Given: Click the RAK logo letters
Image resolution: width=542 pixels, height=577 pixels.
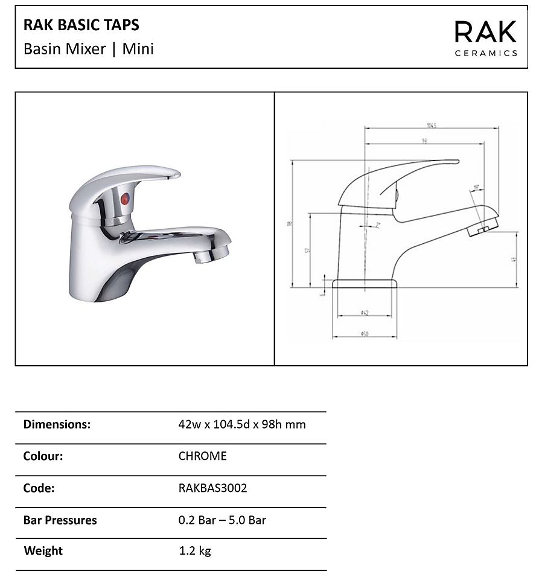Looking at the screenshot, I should [x=485, y=32].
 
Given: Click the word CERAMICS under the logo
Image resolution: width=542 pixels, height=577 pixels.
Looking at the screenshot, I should [x=485, y=53].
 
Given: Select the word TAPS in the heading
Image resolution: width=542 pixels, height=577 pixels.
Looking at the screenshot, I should [x=123, y=25].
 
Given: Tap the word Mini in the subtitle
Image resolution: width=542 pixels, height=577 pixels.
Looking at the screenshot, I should [x=138, y=49].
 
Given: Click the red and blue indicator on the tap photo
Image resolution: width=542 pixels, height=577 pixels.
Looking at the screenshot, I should [x=124, y=199].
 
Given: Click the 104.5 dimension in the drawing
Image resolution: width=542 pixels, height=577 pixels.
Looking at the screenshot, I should [x=431, y=126].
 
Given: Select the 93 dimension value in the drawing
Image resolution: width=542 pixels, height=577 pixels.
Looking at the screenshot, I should [x=425, y=141].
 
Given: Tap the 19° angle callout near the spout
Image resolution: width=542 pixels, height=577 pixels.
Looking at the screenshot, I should [x=476, y=188].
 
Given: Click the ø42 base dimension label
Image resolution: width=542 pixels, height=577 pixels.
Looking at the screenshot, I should [x=365, y=312].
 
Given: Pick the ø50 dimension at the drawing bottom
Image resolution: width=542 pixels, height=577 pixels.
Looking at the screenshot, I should [x=365, y=334].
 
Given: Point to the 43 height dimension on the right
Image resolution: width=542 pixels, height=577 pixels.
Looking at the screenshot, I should [x=514, y=260].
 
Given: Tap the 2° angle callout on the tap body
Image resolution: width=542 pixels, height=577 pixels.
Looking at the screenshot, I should [x=378, y=225].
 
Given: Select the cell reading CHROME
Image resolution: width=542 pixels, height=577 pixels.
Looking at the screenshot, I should [x=202, y=456].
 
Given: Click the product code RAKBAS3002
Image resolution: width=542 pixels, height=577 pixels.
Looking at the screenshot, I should [x=212, y=488].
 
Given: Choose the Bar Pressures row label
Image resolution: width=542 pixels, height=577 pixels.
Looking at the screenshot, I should [x=60, y=520].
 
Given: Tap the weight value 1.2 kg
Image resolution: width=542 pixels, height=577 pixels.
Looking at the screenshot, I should [x=194, y=550].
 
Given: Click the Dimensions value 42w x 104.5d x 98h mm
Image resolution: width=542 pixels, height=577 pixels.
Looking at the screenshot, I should [x=241, y=424].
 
